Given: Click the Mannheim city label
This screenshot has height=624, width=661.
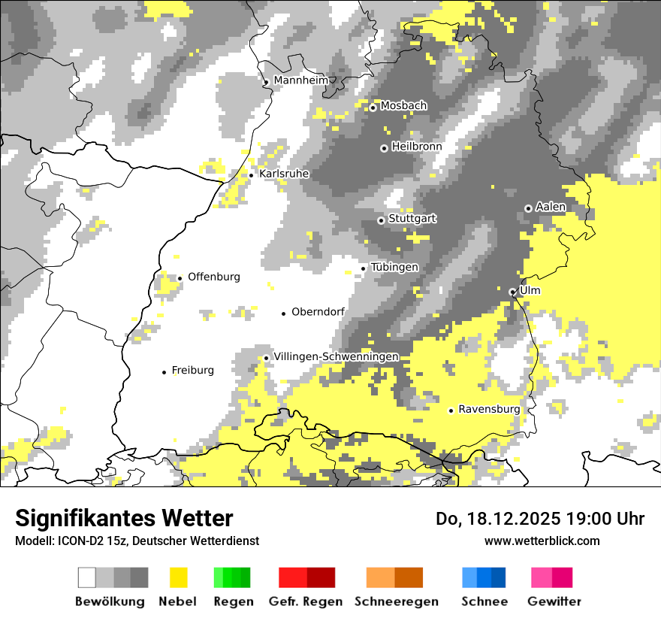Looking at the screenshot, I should click(301, 80).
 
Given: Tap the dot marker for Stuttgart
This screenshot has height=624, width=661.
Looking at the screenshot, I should click(381, 220).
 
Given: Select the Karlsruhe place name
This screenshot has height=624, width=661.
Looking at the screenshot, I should click(284, 174).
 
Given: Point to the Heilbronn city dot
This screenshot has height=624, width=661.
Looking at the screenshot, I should click(384, 148).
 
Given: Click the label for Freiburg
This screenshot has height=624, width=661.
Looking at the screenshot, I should click(193, 370).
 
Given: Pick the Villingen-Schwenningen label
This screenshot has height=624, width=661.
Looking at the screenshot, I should click(336, 356).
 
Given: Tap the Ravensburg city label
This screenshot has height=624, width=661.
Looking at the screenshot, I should click(489, 409).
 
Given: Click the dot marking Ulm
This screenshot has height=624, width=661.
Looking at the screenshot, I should click(512, 292).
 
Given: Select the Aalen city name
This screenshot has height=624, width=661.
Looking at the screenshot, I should click(551, 207).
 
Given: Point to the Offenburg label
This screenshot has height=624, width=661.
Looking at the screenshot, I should click(214, 277).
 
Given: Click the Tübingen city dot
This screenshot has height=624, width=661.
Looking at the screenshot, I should click(364, 268).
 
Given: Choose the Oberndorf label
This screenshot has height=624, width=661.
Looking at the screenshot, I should click(318, 312).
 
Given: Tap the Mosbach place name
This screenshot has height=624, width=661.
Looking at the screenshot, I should click(403, 106).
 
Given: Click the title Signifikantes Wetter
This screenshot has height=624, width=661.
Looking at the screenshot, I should click(124, 519).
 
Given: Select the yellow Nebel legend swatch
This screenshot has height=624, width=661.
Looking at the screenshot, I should click(178, 577).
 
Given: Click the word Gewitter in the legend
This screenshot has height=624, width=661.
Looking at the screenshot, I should click(554, 601).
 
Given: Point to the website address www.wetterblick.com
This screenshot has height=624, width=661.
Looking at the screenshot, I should click(542, 541).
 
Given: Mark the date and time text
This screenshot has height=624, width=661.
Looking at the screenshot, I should click(540, 519).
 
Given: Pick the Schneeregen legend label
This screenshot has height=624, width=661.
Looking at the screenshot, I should click(396, 601).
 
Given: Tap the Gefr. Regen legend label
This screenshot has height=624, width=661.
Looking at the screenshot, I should click(306, 601).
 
